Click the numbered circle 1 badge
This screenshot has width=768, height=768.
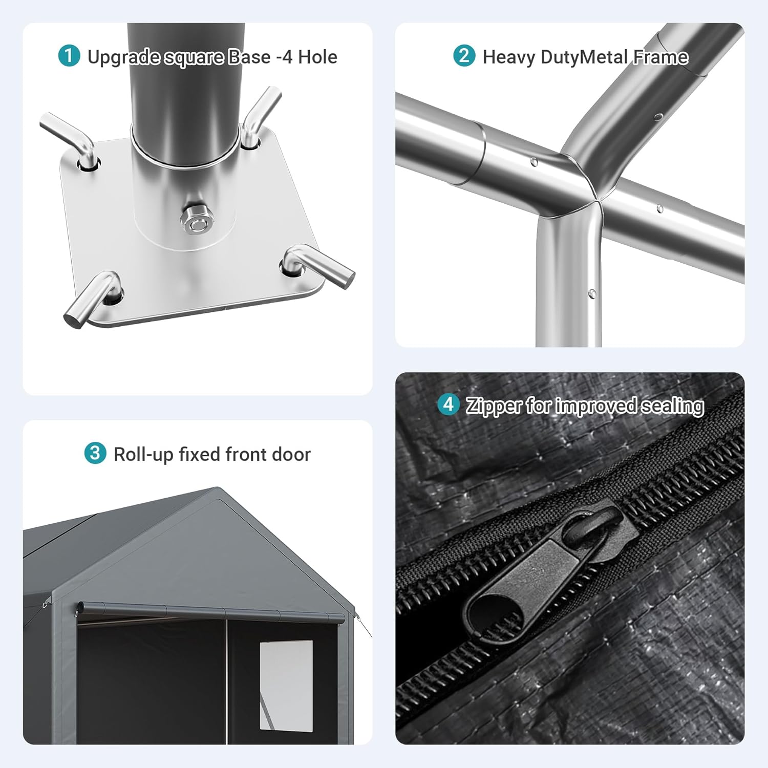(x=69, y=56)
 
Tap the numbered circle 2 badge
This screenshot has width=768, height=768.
(x=464, y=56)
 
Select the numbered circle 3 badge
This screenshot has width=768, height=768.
(x=95, y=453)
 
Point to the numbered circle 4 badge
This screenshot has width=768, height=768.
(x=449, y=404)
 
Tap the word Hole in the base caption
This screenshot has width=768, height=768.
(x=317, y=57)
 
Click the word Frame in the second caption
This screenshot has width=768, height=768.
(x=661, y=57)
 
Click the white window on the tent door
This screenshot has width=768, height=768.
(x=286, y=685)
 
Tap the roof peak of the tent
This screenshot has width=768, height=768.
(x=219, y=488)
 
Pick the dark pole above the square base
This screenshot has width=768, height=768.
(x=186, y=92)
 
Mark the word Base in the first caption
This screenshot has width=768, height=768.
(x=249, y=57)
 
